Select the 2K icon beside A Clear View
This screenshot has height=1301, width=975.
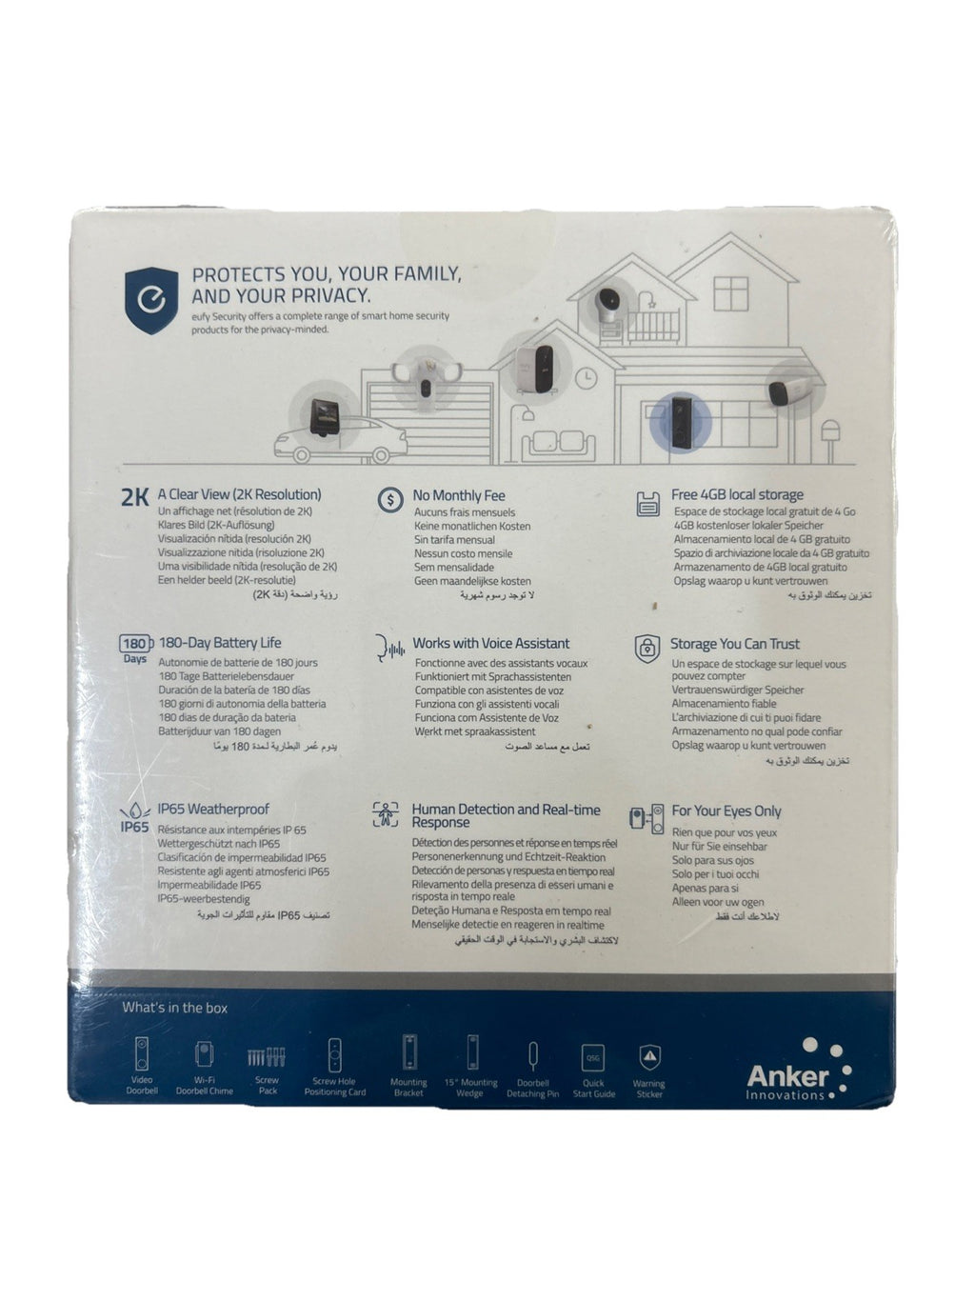click(135, 496)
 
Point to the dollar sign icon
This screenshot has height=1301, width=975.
click(390, 499)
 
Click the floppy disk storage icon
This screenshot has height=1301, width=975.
click(648, 502)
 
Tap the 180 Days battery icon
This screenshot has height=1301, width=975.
click(135, 649)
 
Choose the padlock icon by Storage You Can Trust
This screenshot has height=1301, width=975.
click(647, 648)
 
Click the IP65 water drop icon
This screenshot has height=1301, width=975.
click(135, 816)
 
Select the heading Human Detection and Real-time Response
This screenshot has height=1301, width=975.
click(506, 815)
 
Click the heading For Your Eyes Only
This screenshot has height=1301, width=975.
click(726, 811)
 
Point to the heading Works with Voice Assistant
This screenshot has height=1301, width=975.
click(490, 643)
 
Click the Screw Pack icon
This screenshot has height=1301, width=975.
click(267, 1057)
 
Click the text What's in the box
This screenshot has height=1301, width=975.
click(175, 1008)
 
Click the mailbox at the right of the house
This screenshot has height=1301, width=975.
click(830, 433)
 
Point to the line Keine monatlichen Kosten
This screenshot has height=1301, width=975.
click(472, 526)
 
